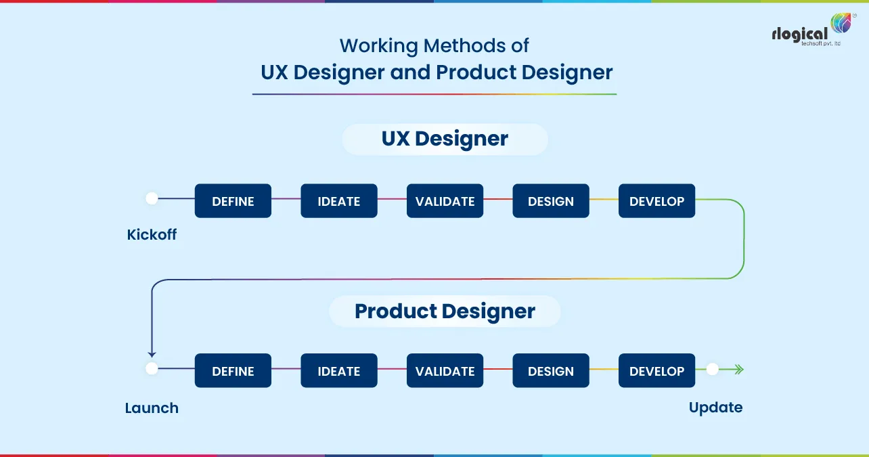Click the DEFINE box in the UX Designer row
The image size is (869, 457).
point(233,201)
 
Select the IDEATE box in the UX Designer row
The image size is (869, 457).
point(339,201)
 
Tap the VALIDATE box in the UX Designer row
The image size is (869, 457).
point(445,201)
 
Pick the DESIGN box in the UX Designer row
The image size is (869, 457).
point(551,201)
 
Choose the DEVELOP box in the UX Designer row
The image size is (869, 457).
point(656,201)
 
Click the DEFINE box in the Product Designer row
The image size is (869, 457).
point(233,371)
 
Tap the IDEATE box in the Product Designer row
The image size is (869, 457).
point(339,371)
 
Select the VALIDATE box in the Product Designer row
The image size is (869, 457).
point(445,371)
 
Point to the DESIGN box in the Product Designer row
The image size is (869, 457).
point(551,371)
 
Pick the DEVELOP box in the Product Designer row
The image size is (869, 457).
point(656,371)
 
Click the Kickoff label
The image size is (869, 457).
point(152,235)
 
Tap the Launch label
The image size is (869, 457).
point(152,408)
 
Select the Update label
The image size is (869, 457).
point(715,408)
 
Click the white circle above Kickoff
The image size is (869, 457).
point(152,198)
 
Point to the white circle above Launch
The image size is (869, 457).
point(152,369)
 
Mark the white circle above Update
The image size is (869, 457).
point(712,369)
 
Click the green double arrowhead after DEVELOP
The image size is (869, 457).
point(738,369)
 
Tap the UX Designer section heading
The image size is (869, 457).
point(445,139)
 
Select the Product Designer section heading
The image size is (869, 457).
point(445,311)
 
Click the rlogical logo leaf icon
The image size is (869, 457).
point(841,24)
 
